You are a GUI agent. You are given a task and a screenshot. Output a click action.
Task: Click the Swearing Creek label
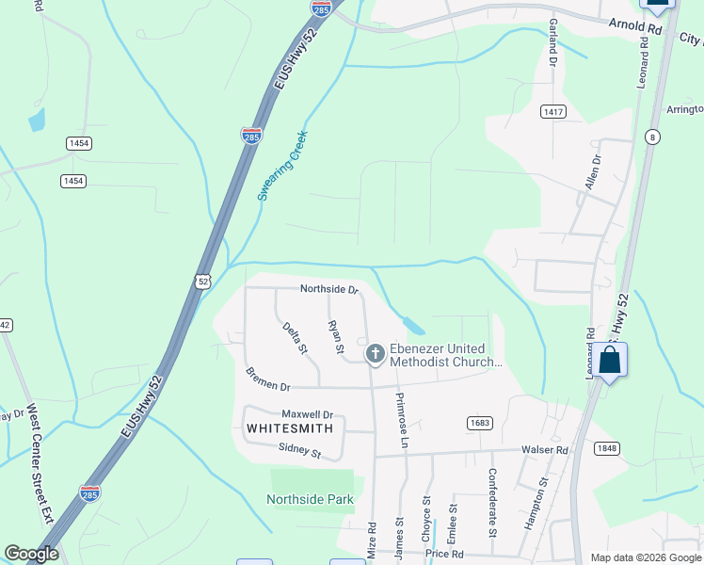[x=283, y=166]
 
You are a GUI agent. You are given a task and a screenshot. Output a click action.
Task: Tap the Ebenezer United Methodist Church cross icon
[x=375, y=354]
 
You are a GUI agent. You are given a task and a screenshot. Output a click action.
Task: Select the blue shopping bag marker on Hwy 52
[x=610, y=361]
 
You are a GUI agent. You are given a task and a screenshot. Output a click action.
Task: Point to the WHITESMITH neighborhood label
[x=290, y=428]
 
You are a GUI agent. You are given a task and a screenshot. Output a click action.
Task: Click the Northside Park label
[x=310, y=499]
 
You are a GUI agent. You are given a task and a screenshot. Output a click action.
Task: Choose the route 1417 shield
[x=553, y=112]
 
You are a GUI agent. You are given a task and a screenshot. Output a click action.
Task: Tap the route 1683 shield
[x=479, y=423]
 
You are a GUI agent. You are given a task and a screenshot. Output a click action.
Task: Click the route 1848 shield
[x=607, y=448]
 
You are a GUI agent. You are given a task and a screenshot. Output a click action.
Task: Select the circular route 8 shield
[x=650, y=137]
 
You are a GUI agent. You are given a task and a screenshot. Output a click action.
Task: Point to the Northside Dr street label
[x=329, y=290]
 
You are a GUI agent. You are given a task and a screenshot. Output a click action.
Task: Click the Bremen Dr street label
[x=268, y=379]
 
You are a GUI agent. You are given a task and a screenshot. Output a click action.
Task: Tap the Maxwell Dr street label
[x=308, y=414]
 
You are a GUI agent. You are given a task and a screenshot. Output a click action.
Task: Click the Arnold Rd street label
[x=636, y=27]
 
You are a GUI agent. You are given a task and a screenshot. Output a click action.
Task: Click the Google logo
[x=32, y=554]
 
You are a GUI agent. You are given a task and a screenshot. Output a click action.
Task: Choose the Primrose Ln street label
[x=402, y=420]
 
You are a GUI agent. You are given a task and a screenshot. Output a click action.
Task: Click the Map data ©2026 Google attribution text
[x=646, y=557]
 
